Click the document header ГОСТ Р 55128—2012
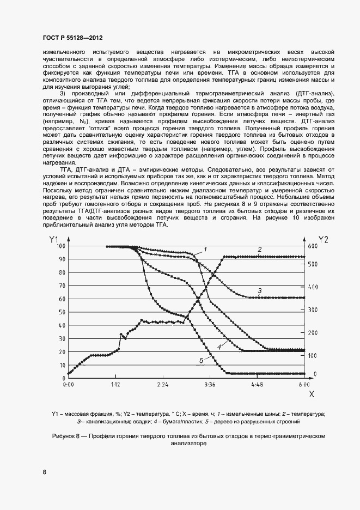point(72,38)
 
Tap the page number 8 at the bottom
point(44,472)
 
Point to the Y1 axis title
point(53,239)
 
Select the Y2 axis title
point(323,239)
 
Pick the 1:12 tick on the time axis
point(115,384)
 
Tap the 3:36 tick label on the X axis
point(210,384)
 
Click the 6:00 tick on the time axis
point(304,384)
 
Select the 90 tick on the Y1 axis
point(62,259)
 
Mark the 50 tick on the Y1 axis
point(62,312)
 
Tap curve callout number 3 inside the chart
point(260,290)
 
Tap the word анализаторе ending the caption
point(188,443)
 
